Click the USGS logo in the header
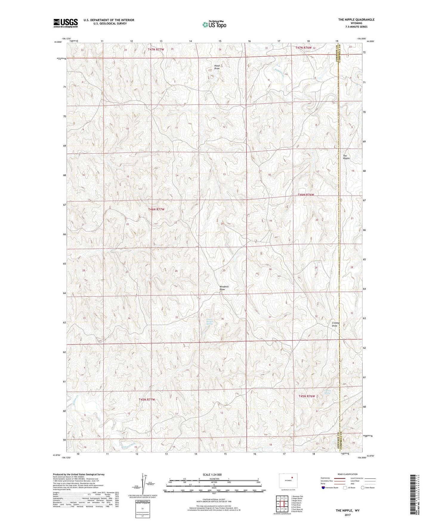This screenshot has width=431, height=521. (x=66, y=23)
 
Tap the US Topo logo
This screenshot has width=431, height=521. (x=214, y=25)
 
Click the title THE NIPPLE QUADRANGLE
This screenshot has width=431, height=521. (x=356, y=20)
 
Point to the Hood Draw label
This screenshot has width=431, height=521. (x=217, y=67)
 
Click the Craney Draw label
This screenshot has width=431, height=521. (x=335, y=324)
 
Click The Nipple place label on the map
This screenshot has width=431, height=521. (x=346, y=157)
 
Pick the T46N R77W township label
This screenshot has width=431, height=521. (x=156, y=209)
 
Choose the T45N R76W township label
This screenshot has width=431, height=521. (x=307, y=396)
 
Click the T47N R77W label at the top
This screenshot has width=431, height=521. (x=156, y=49)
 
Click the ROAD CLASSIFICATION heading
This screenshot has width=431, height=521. (x=347, y=474)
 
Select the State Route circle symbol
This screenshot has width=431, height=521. (x=363, y=488)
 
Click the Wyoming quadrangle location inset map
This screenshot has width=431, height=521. (x=288, y=481)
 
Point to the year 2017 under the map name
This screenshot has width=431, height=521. (x=347, y=515)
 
